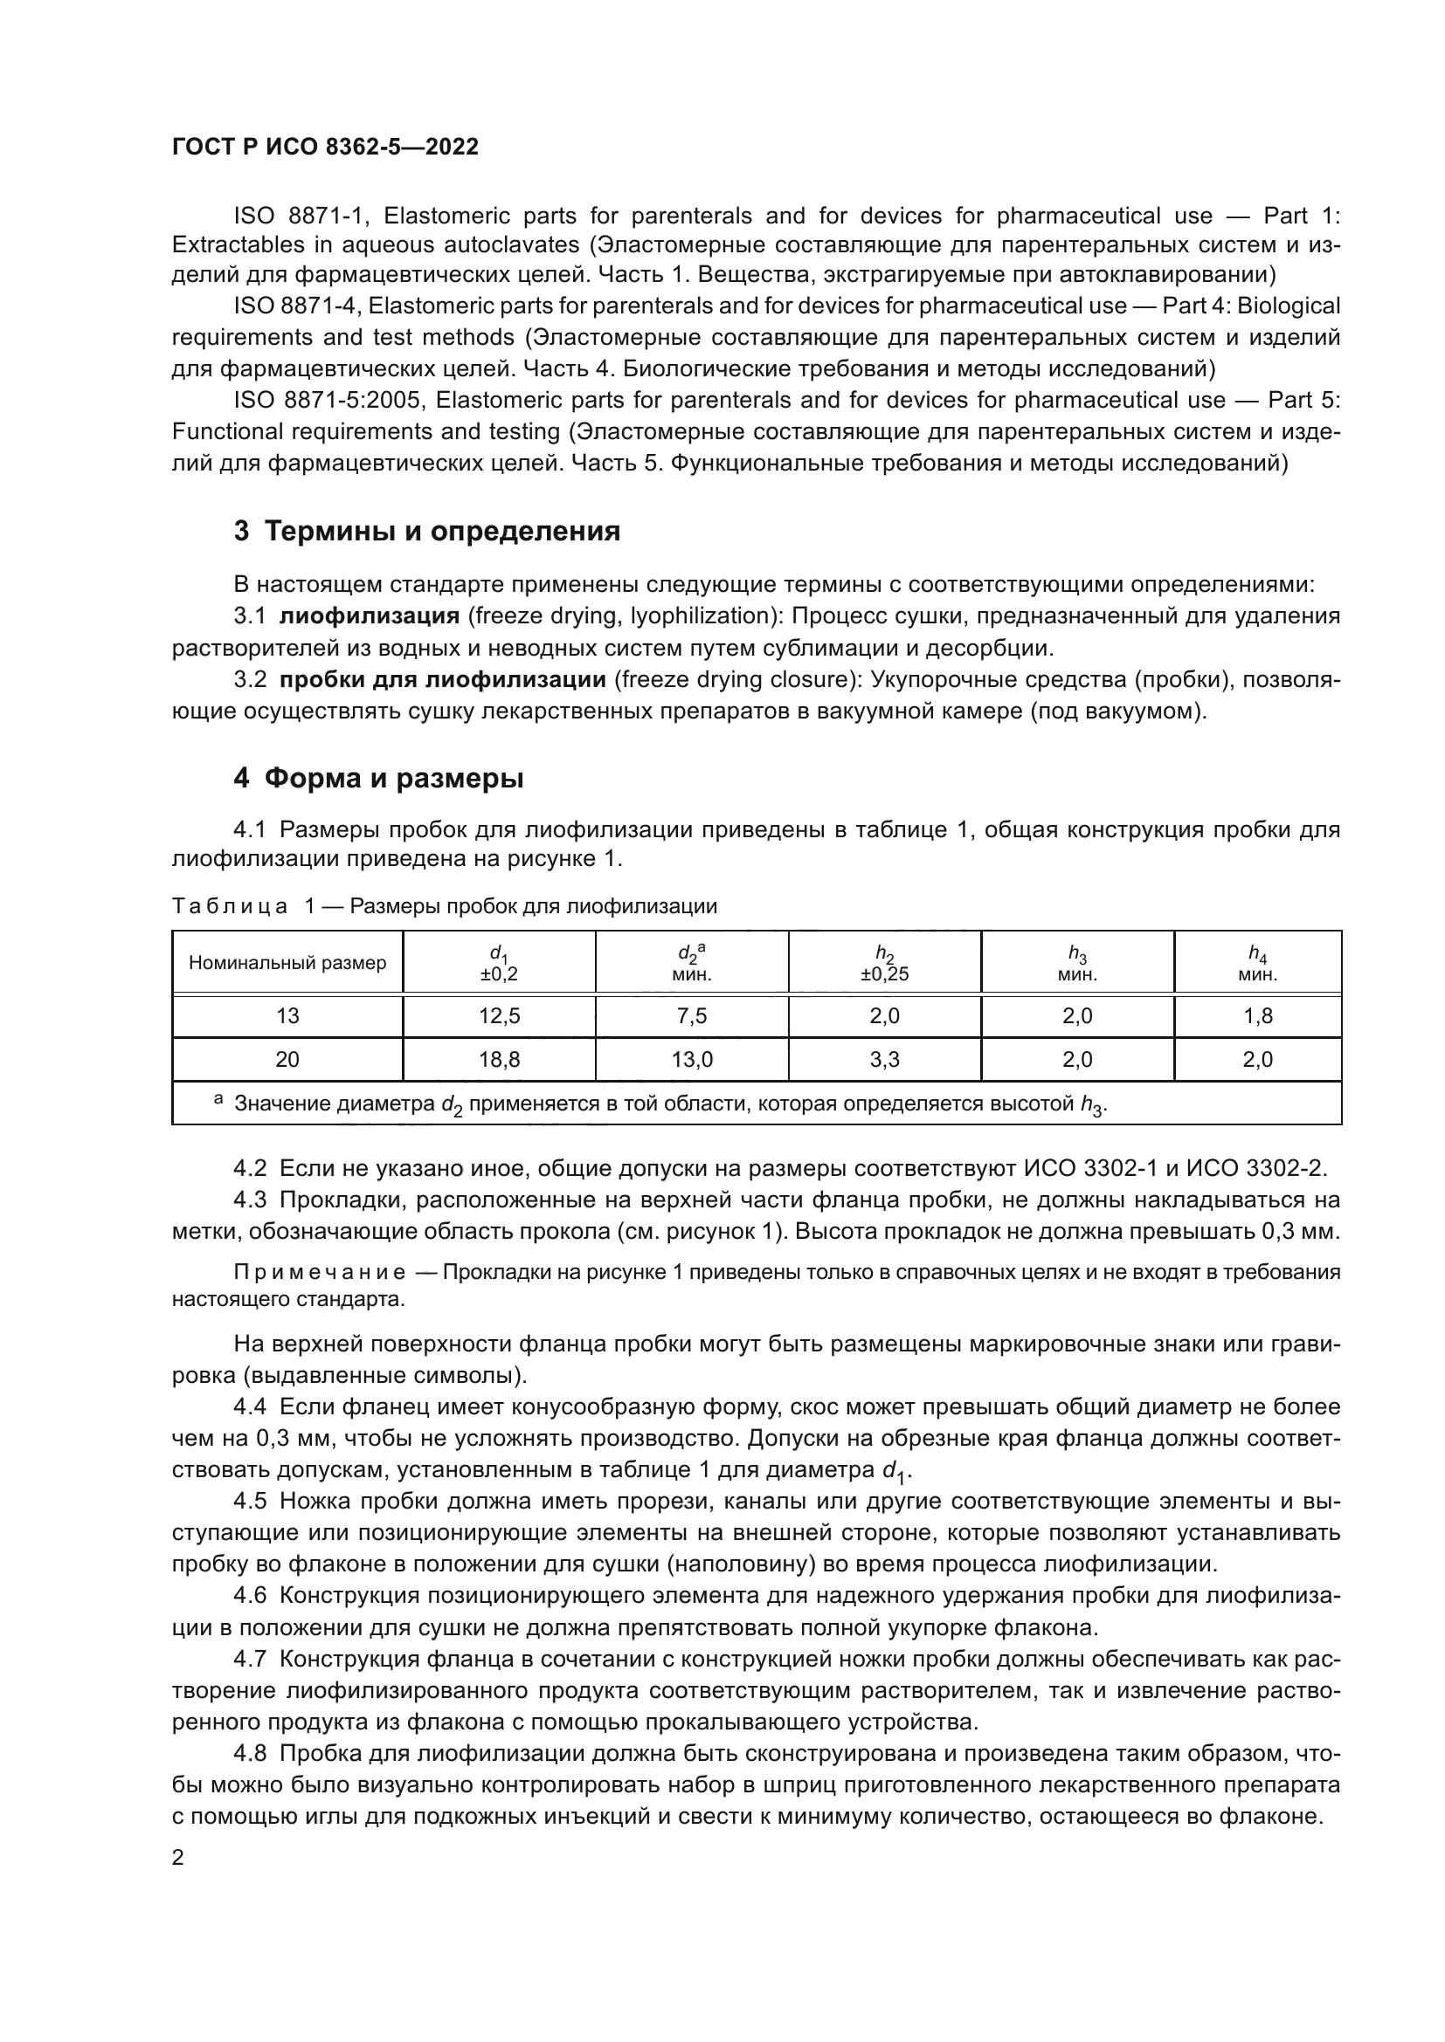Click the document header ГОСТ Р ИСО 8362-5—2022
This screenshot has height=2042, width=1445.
[x=325, y=147]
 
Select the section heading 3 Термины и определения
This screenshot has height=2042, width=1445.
[x=426, y=532]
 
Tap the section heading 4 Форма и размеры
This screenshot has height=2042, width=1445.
[x=378, y=778]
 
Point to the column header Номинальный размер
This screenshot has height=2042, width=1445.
[x=287, y=962]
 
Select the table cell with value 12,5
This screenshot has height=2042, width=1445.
[x=499, y=1015]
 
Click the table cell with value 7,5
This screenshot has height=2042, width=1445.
[x=691, y=1015]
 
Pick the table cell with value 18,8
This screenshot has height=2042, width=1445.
[x=499, y=1059]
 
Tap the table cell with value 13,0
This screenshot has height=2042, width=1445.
[x=691, y=1059]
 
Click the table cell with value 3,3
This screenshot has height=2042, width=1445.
[x=884, y=1059]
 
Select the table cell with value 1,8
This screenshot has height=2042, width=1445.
[x=1257, y=1015]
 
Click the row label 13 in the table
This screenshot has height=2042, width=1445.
[x=287, y=1015]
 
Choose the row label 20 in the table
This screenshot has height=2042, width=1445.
[x=287, y=1059]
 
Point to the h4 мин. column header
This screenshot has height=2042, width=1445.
[x=1257, y=963]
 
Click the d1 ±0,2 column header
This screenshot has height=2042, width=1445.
[x=499, y=963]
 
